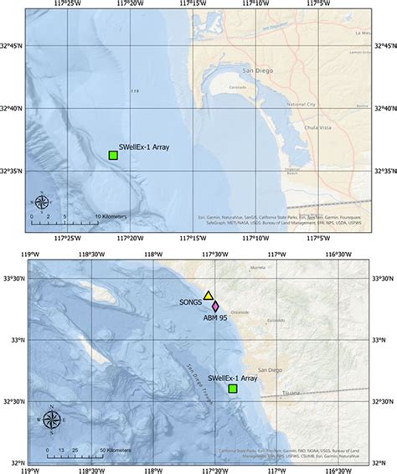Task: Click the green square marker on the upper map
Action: [x=113, y=155]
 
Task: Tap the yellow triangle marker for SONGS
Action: [x=209, y=296]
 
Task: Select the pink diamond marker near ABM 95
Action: [x=215, y=307]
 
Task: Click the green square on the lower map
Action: [x=233, y=389]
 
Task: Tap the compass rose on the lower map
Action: [x=51, y=420]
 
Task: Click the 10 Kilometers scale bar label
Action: [x=111, y=216]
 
